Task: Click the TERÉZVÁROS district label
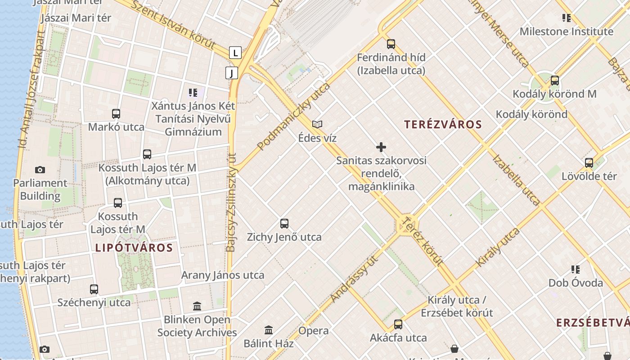pyautogui.click(x=443, y=125)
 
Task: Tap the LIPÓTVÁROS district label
pyautogui.click(x=134, y=247)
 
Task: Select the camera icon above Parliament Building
pyautogui.click(x=40, y=170)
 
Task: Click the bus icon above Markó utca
pyautogui.click(x=116, y=113)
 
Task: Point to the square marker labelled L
pyautogui.click(x=235, y=52)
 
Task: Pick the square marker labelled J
pyautogui.click(x=231, y=73)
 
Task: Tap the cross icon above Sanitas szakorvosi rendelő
pyautogui.click(x=381, y=147)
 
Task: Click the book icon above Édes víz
pyautogui.click(x=317, y=124)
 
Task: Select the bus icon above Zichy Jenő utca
pyautogui.click(x=284, y=223)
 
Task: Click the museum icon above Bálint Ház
pyautogui.click(x=269, y=330)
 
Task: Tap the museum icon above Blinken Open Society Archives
pyautogui.click(x=197, y=306)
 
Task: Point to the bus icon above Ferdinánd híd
pyautogui.click(x=391, y=44)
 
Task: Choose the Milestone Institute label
pyautogui.click(x=566, y=31)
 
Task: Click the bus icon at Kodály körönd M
pyautogui.click(x=555, y=81)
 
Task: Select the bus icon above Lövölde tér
pyautogui.click(x=589, y=162)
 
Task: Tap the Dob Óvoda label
pyautogui.click(x=576, y=283)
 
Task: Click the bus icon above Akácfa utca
pyautogui.click(x=398, y=324)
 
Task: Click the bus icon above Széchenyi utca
pyautogui.click(x=94, y=289)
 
